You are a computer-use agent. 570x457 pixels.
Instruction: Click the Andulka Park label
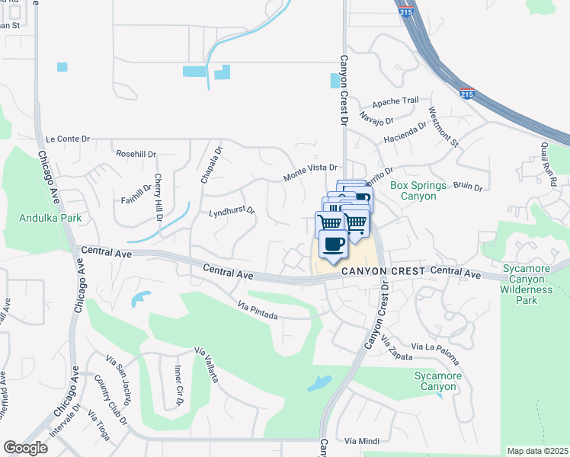point(50,218)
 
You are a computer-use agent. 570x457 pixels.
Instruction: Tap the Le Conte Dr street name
point(68,139)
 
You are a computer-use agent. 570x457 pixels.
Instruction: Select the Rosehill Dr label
point(136,154)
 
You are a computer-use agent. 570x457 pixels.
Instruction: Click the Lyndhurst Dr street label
point(231,211)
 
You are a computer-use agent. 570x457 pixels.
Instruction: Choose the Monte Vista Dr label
point(310,171)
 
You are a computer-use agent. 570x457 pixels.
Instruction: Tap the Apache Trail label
point(395,101)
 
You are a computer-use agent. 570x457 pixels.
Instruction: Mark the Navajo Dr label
point(376,120)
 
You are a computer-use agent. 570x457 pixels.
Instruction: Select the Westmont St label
point(444,126)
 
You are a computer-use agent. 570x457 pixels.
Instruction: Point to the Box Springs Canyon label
point(413,190)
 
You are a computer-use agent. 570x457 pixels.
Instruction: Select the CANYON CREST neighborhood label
point(383,271)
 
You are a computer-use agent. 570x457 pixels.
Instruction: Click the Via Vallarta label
point(207,365)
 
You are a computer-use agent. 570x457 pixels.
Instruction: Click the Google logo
point(25,448)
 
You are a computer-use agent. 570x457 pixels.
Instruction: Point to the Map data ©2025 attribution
point(537,451)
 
